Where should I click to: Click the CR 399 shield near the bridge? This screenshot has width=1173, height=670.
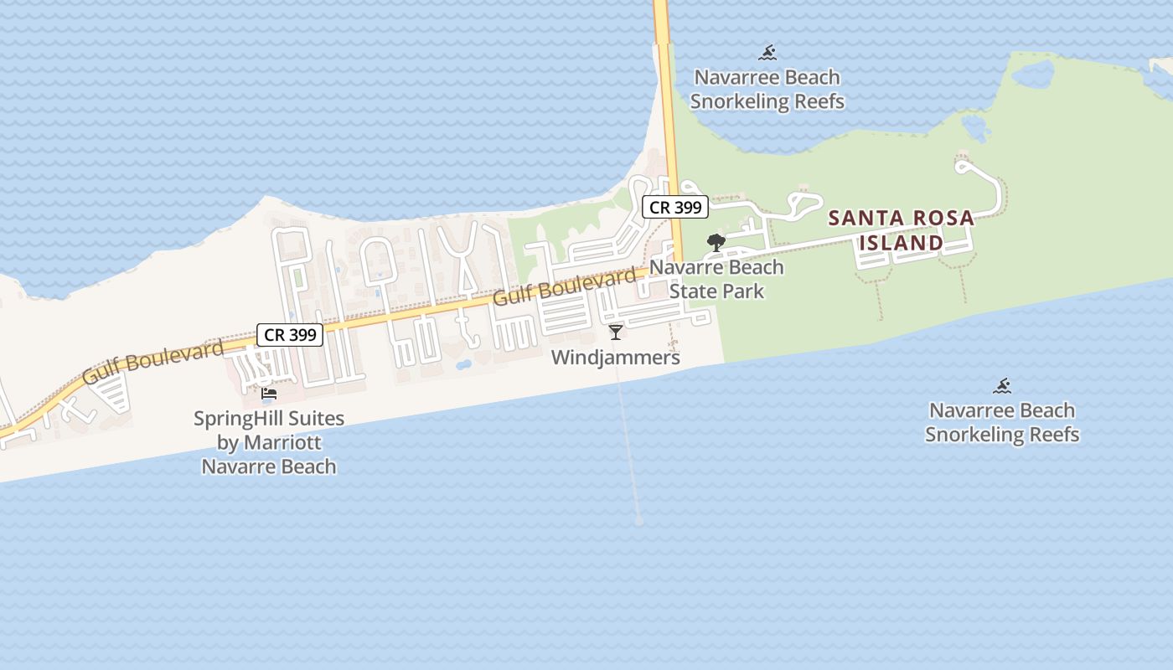(675, 207)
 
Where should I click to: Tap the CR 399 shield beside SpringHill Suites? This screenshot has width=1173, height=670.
(290, 335)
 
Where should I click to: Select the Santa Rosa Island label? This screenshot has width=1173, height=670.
(902, 230)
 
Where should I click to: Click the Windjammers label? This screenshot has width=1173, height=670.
(615, 358)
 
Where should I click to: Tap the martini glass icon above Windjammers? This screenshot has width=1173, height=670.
(616, 332)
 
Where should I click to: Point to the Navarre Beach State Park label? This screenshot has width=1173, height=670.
(716, 279)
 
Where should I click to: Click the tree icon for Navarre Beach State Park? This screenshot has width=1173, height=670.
(716, 243)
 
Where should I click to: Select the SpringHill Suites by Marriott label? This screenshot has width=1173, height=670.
(269, 442)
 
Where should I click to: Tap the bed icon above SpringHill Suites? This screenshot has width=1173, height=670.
(269, 393)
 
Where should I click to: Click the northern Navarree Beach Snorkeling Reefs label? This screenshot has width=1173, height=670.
(767, 90)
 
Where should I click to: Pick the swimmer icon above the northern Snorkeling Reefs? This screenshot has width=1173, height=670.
(767, 54)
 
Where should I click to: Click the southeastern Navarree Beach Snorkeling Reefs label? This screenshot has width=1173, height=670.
(1002, 422)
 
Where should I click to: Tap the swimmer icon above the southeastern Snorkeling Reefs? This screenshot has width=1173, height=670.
(1002, 386)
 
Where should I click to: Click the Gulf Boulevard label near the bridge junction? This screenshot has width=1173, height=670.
(564, 286)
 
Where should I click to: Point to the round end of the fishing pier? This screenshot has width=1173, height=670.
(639, 521)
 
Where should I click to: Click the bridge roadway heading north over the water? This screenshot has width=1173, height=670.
(663, 50)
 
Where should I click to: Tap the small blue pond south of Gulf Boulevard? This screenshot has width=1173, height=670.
(463, 365)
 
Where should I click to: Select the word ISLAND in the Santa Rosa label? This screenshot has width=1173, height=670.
(902, 243)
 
